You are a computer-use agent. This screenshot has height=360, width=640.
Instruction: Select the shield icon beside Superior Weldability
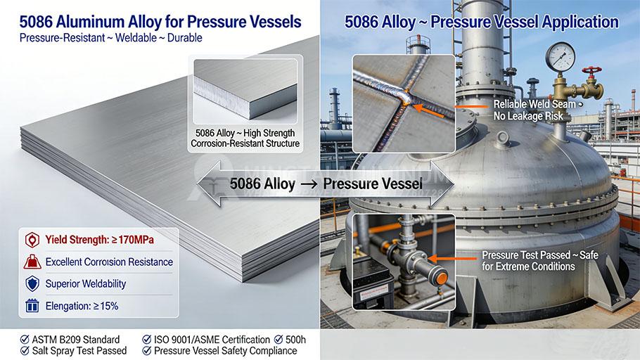click(x=31, y=283)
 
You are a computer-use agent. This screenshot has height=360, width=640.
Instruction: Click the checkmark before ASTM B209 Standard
click(x=25, y=340)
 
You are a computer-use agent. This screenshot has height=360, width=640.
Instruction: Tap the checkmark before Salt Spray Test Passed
click(x=25, y=350)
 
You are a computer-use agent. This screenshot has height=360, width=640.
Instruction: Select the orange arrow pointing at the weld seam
click(x=433, y=107)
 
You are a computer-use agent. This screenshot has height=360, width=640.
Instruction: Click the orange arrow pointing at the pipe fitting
click(x=450, y=259)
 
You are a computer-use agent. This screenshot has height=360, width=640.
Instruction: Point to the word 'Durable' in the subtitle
click(x=181, y=37)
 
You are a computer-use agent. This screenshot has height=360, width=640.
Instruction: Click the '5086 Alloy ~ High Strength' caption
click(x=245, y=132)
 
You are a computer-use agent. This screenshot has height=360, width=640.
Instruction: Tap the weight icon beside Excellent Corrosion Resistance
click(x=31, y=262)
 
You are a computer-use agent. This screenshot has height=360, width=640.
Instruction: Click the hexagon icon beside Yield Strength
click(x=31, y=240)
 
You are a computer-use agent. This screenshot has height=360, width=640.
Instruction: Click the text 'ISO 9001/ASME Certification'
click(x=212, y=340)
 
